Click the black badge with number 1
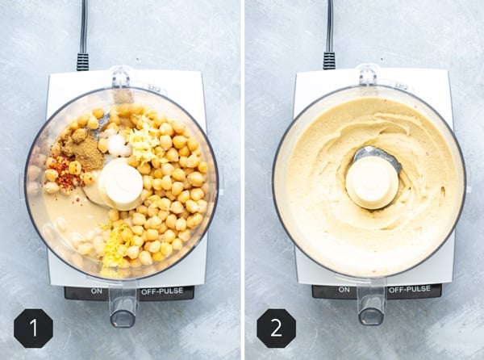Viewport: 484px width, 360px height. (33, 328)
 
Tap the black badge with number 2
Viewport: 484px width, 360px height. (276, 328)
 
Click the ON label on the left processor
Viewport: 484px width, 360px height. (96, 290)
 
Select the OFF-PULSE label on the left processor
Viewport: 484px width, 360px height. (161, 290)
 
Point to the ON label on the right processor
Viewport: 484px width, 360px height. (344, 289)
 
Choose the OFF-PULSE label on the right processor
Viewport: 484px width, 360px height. (409, 289)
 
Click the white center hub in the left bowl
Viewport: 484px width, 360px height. (122, 183)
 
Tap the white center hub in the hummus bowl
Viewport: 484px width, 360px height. (371, 182)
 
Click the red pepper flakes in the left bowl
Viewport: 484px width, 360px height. (63, 173)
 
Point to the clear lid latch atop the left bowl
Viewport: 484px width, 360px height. (122, 77)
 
